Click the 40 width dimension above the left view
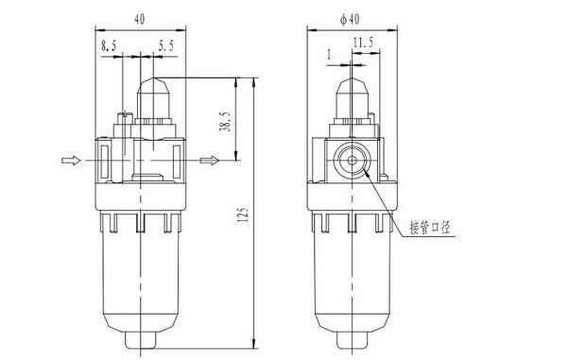(140, 19)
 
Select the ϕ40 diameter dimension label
(350, 19)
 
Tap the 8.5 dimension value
(109, 46)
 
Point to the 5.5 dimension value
(165, 46)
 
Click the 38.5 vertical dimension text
(225, 122)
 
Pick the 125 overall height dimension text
(243, 214)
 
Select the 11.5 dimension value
(363, 42)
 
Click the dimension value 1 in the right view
(330, 55)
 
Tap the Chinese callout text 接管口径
(430, 227)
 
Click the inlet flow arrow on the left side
(71, 161)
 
